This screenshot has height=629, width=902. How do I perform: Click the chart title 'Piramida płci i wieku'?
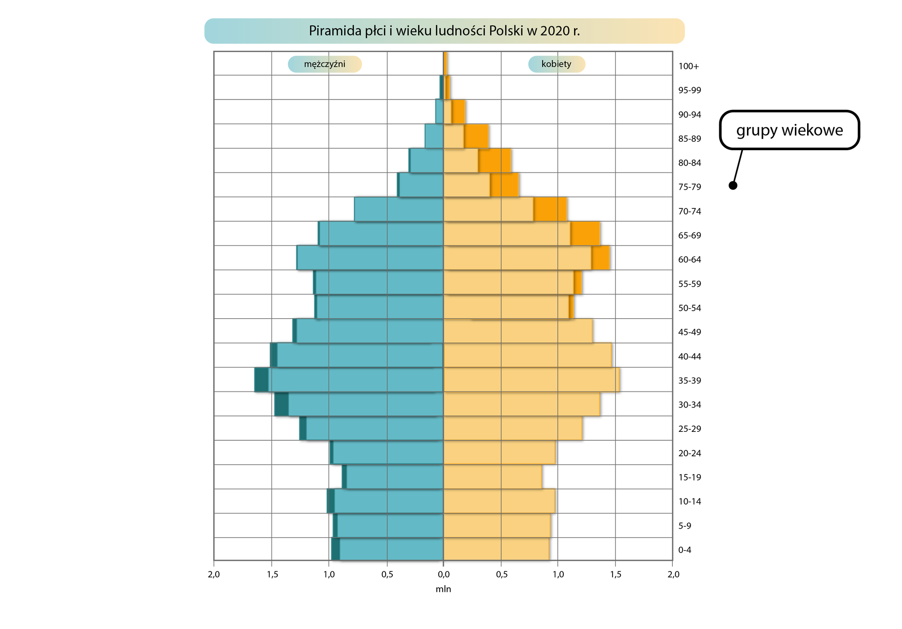pyautogui.click(x=444, y=31)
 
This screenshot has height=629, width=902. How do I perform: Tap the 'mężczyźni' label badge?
pyautogui.click(x=325, y=64)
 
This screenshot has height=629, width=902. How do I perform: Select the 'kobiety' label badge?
pyautogui.click(x=556, y=64)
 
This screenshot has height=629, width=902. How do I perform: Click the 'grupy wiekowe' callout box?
pyautogui.click(x=789, y=130)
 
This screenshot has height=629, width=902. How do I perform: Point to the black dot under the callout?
pyautogui.click(x=733, y=185)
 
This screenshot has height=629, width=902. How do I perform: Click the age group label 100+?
pyautogui.click(x=688, y=66)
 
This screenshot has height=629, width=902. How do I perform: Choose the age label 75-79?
pyautogui.click(x=689, y=187)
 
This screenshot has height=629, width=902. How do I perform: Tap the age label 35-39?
pyautogui.click(x=689, y=381)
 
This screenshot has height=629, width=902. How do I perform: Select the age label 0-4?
pyautogui.click(x=684, y=550)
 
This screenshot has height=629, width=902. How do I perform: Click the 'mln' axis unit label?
pyautogui.click(x=443, y=589)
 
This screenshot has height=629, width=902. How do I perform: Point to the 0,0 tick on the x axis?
pyautogui.click(x=443, y=575)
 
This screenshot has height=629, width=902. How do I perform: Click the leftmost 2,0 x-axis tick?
pyautogui.click(x=214, y=575)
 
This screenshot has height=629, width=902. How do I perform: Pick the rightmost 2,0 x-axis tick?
pyautogui.click(x=673, y=575)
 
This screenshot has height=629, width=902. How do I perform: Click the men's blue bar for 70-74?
pyautogui.click(x=399, y=209)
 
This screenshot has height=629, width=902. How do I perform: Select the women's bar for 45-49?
pyautogui.click(x=517, y=331)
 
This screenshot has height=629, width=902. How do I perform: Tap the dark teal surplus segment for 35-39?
pyautogui.click(x=261, y=380)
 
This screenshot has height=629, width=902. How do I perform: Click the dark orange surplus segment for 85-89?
pyautogui.click(x=476, y=137)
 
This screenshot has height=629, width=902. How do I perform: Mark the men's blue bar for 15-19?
pyautogui.click(x=395, y=477)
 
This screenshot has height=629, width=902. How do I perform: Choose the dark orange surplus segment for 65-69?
pyautogui.click(x=585, y=234)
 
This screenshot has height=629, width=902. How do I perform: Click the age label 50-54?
pyautogui.click(x=689, y=308)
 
